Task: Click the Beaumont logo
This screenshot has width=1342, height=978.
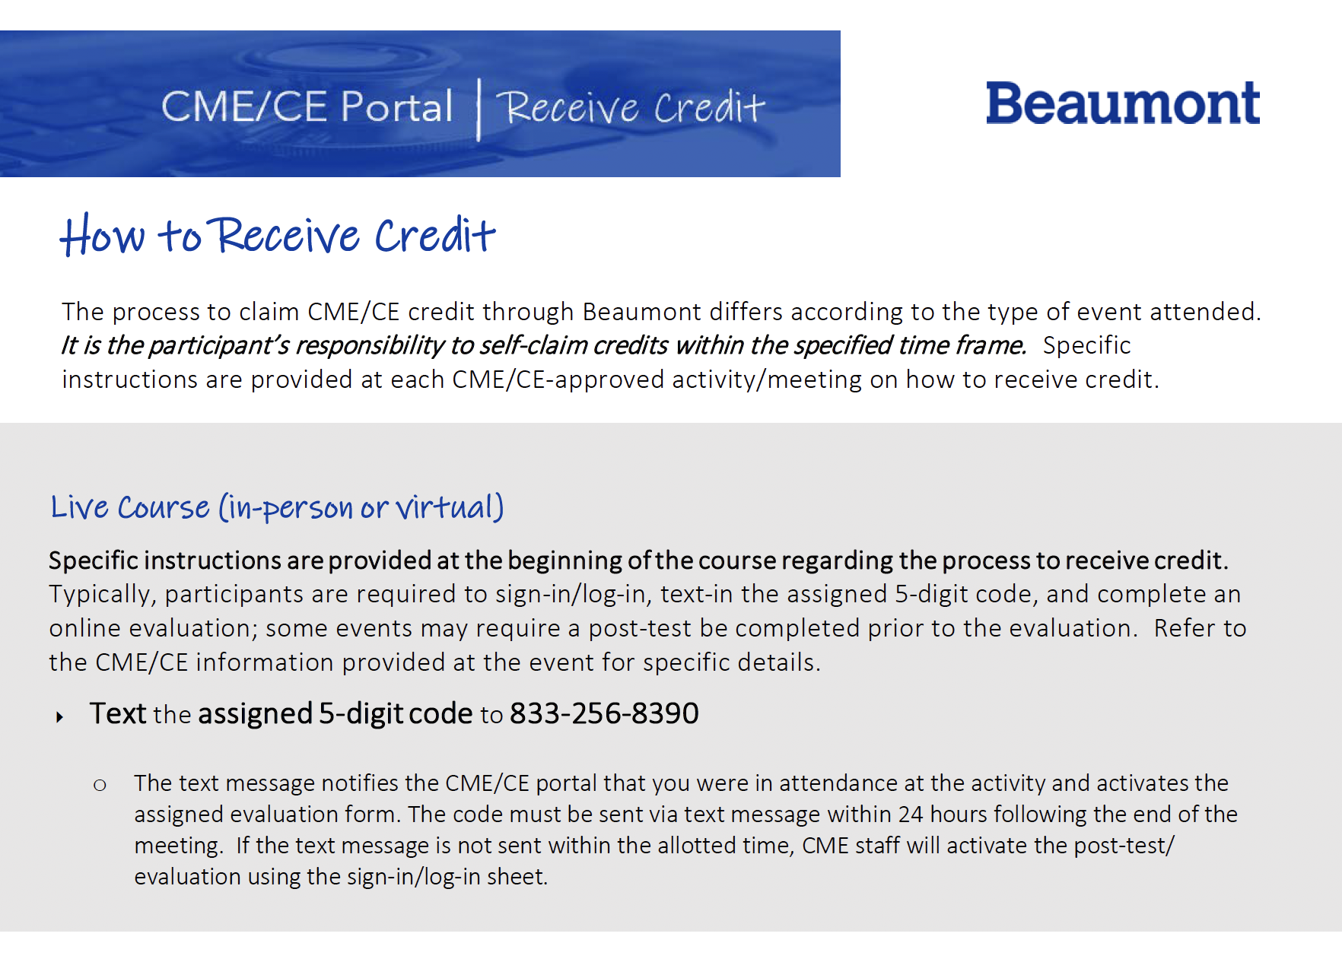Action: (x=1122, y=103)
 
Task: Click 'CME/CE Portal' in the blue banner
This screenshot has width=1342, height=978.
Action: (x=307, y=106)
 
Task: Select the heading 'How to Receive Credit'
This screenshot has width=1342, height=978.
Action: (x=278, y=235)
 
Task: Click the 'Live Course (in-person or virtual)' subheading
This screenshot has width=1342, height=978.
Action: (x=277, y=507)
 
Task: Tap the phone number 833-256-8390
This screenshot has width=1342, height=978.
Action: (x=604, y=713)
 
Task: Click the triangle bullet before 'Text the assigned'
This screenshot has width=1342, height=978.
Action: (x=59, y=716)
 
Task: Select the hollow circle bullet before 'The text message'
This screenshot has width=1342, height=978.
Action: (x=100, y=785)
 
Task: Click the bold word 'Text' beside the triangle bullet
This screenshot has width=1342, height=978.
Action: (x=117, y=713)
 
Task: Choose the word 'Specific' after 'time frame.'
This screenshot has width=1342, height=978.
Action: (x=1086, y=345)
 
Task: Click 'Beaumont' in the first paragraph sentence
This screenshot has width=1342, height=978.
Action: (x=642, y=312)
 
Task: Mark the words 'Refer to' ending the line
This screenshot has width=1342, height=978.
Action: (x=1200, y=628)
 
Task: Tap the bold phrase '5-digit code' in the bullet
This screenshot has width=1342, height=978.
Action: (x=396, y=713)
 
